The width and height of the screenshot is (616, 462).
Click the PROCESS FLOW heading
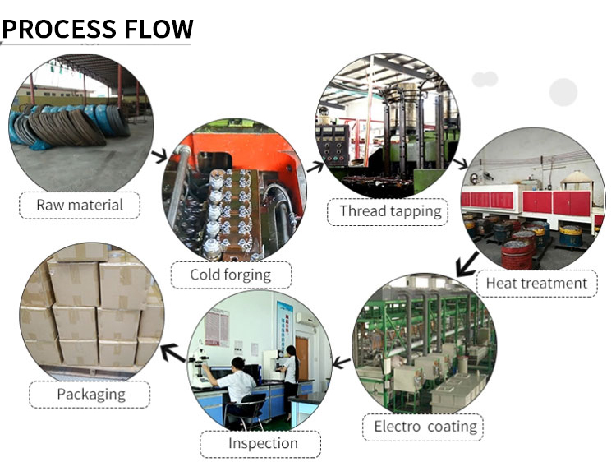(99, 29)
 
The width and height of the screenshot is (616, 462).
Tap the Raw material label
(80, 205)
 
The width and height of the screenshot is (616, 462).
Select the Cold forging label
(230, 275)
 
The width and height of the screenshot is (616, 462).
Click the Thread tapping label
(390, 211)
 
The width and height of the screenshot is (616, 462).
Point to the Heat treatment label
(537, 284)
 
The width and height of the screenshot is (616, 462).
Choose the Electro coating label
(425, 426)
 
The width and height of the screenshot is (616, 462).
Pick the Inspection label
(263, 445)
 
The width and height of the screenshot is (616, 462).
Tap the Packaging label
(90, 394)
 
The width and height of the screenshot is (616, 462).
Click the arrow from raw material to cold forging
(159, 154)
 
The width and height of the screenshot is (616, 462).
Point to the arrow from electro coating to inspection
(342, 362)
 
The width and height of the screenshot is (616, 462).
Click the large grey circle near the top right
(563, 91)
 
